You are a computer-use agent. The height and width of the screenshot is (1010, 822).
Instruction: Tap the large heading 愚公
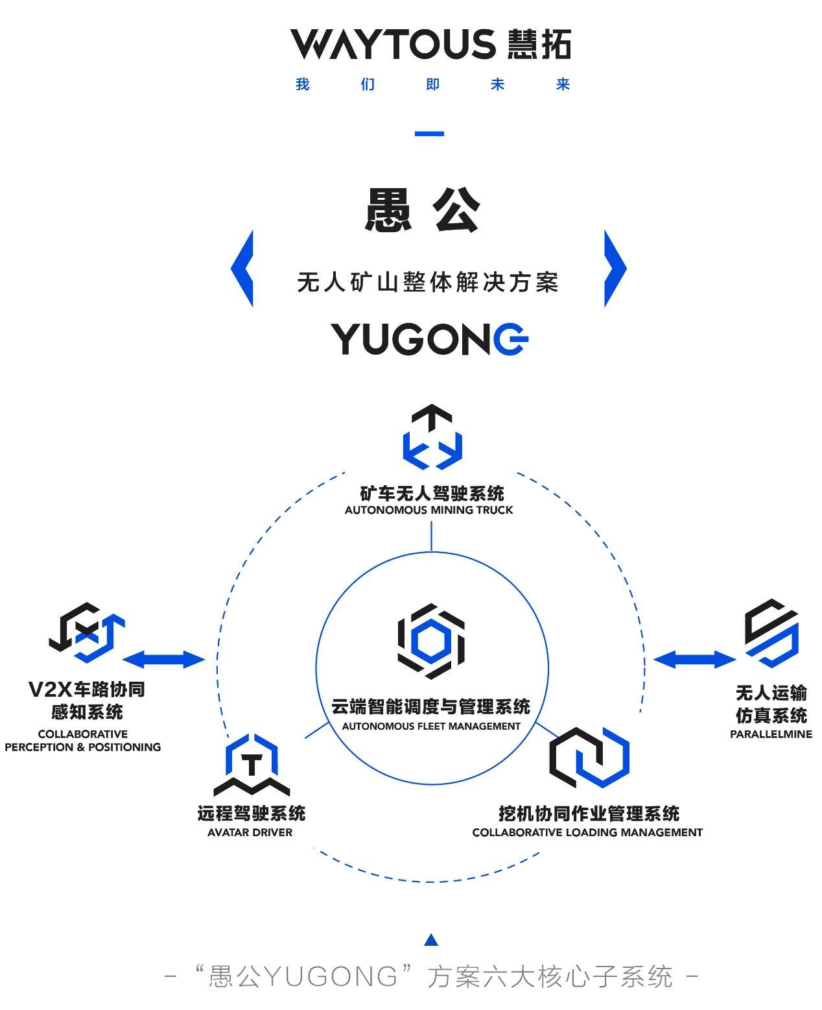click(x=422, y=210)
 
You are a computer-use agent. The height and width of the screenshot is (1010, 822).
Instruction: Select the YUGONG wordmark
click(x=430, y=339)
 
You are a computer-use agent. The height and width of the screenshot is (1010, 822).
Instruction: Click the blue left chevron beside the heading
click(x=243, y=269)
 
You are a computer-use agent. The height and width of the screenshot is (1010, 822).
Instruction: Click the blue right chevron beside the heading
click(x=615, y=269)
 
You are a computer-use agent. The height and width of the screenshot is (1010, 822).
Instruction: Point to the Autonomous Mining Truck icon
click(x=432, y=437)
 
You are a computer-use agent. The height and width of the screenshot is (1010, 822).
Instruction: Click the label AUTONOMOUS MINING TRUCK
click(x=429, y=511)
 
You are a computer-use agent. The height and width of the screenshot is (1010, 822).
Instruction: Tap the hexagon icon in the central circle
click(x=431, y=641)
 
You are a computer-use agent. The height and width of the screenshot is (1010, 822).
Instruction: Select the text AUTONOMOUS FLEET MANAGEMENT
click(x=431, y=727)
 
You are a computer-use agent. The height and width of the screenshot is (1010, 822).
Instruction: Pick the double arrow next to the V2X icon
click(x=163, y=660)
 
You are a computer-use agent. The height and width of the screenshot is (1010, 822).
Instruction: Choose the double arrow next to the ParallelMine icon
click(x=694, y=660)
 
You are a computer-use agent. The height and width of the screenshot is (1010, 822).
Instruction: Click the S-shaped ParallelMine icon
click(x=771, y=633)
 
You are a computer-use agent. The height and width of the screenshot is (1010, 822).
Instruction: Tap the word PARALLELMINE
click(x=771, y=734)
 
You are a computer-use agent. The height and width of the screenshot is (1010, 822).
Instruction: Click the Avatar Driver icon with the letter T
click(x=252, y=764)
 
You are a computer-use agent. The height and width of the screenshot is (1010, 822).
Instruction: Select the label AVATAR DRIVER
click(x=250, y=832)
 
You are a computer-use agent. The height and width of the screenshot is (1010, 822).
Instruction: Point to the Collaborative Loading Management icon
click(x=589, y=757)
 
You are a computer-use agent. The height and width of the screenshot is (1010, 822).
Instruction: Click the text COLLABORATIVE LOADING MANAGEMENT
click(x=587, y=832)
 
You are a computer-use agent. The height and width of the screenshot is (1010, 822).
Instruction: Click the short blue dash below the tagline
click(x=429, y=134)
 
